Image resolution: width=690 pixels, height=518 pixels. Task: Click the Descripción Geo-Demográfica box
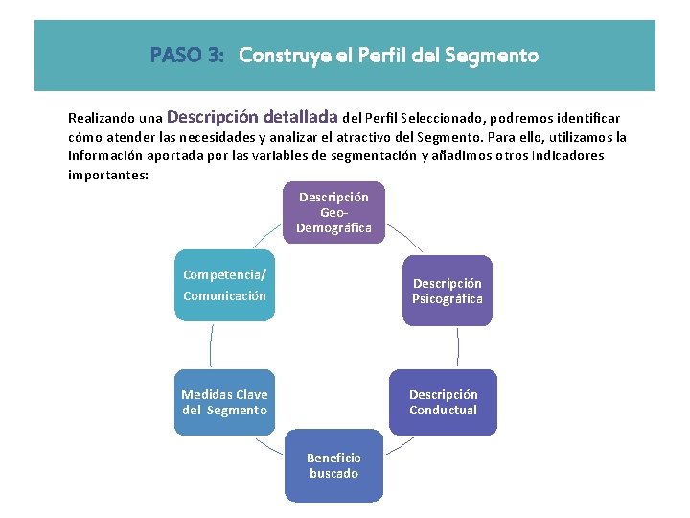pyautogui.click(x=333, y=212)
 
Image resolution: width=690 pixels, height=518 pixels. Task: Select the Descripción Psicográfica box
pyautogui.click(x=447, y=291)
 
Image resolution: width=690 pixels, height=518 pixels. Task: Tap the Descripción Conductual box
pyautogui.click(x=443, y=402)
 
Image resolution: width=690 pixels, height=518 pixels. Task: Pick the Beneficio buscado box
pyautogui.click(x=333, y=466)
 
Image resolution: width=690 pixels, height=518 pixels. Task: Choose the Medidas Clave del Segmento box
pyautogui.click(x=224, y=402)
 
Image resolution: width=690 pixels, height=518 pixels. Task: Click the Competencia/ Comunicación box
pyautogui.click(x=224, y=286)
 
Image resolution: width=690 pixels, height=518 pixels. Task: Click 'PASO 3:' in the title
pyautogui.click(x=187, y=56)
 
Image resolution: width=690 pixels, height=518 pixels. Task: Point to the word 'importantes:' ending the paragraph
pyautogui.click(x=108, y=176)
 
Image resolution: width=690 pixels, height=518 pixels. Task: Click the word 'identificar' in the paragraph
pyautogui.click(x=588, y=119)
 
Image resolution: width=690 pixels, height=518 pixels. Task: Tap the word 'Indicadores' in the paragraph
pyautogui.click(x=569, y=156)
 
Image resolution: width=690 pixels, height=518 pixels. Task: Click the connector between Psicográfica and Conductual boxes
pyautogui.click(x=457, y=346)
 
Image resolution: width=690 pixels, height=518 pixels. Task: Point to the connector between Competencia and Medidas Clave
pyautogui.click(x=211, y=346)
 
